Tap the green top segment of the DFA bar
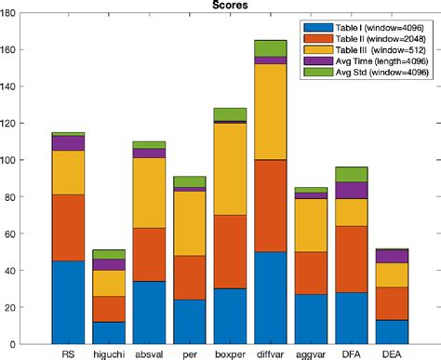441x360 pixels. click(351, 174)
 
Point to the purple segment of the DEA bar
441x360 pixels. click(391, 256)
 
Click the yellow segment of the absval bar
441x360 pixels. click(149, 193)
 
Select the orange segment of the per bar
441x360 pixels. click(189, 277)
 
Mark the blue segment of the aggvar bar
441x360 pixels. click(311, 319)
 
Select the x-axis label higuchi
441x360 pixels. click(108, 353)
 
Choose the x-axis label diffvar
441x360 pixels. click(271, 353)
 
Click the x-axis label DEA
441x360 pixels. click(391, 353)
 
